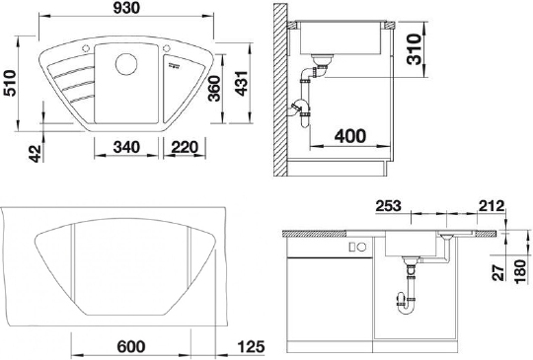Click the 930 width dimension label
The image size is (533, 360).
click(126, 8)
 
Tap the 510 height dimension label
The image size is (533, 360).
click(9, 83)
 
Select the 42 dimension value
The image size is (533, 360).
click(35, 154)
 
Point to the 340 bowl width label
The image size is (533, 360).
click(126, 147)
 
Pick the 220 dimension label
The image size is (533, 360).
click(185, 147)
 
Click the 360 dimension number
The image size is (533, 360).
click(214, 89)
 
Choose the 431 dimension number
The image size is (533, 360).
click(242, 84)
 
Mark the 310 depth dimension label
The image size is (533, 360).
click(415, 49)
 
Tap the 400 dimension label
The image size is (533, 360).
click(350, 136)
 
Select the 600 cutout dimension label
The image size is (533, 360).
click(131, 347)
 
